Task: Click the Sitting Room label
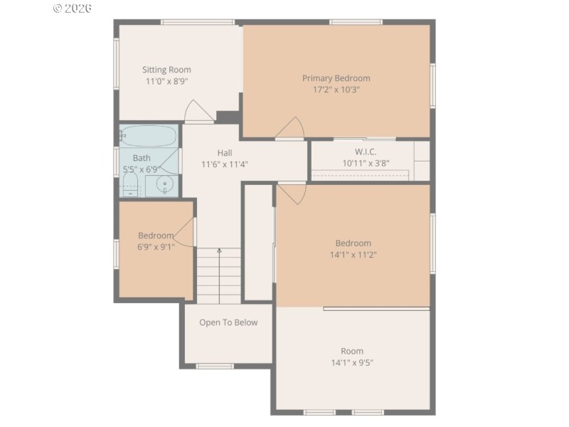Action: (x=166, y=70)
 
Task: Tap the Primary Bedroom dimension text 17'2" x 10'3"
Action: (x=336, y=90)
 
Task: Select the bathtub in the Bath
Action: (x=148, y=135)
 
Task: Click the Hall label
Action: (x=225, y=153)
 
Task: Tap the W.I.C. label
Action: (x=366, y=152)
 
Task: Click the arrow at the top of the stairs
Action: (x=219, y=251)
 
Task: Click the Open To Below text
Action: (x=228, y=322)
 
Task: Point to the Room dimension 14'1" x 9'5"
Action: (x=352, y=362)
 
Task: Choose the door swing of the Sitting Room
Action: (x=198, y=112)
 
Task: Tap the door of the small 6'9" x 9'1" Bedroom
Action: (x=184, y=233)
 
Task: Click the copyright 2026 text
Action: (x=73, y=9)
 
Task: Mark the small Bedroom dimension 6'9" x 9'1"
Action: (x=156, y=247)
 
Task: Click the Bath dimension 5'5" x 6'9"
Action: (x=142, y=169)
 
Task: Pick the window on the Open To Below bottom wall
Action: (x=215, y=366)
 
